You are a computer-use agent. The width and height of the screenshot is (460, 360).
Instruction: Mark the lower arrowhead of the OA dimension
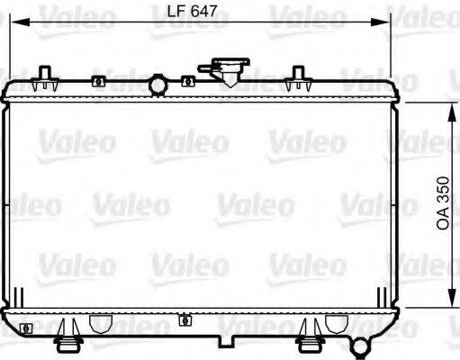point(448,303)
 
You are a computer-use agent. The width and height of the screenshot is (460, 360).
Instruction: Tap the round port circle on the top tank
point(158,85)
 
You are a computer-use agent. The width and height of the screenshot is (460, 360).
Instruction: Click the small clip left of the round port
point(98,83)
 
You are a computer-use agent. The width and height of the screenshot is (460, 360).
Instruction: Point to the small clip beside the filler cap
point(187,82)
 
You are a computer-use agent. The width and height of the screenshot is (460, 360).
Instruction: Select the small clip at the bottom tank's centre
point(185,319)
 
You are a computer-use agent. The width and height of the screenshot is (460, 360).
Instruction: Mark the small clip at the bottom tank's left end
point(27,327)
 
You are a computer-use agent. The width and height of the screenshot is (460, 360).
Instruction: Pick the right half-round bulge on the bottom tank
point(337,324)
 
